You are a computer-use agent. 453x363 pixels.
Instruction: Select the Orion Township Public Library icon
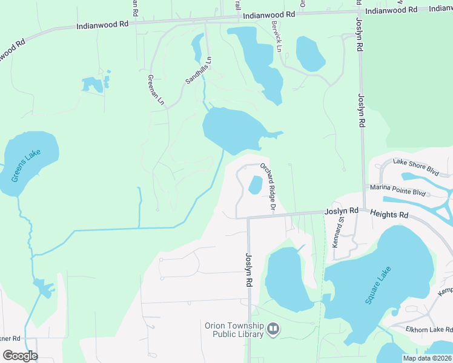tap(273, 329)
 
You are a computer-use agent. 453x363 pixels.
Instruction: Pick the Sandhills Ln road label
tap(199, 70)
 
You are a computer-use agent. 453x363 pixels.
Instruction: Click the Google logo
tap(20, 356)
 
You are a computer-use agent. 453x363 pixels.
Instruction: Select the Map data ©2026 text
tap(426, 358)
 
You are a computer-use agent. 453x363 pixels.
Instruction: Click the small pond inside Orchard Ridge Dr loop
tap(256, 185)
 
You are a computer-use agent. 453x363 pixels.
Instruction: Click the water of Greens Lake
tap(36, 151)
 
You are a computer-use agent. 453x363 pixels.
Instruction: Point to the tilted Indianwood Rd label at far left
tap(12, 51)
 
